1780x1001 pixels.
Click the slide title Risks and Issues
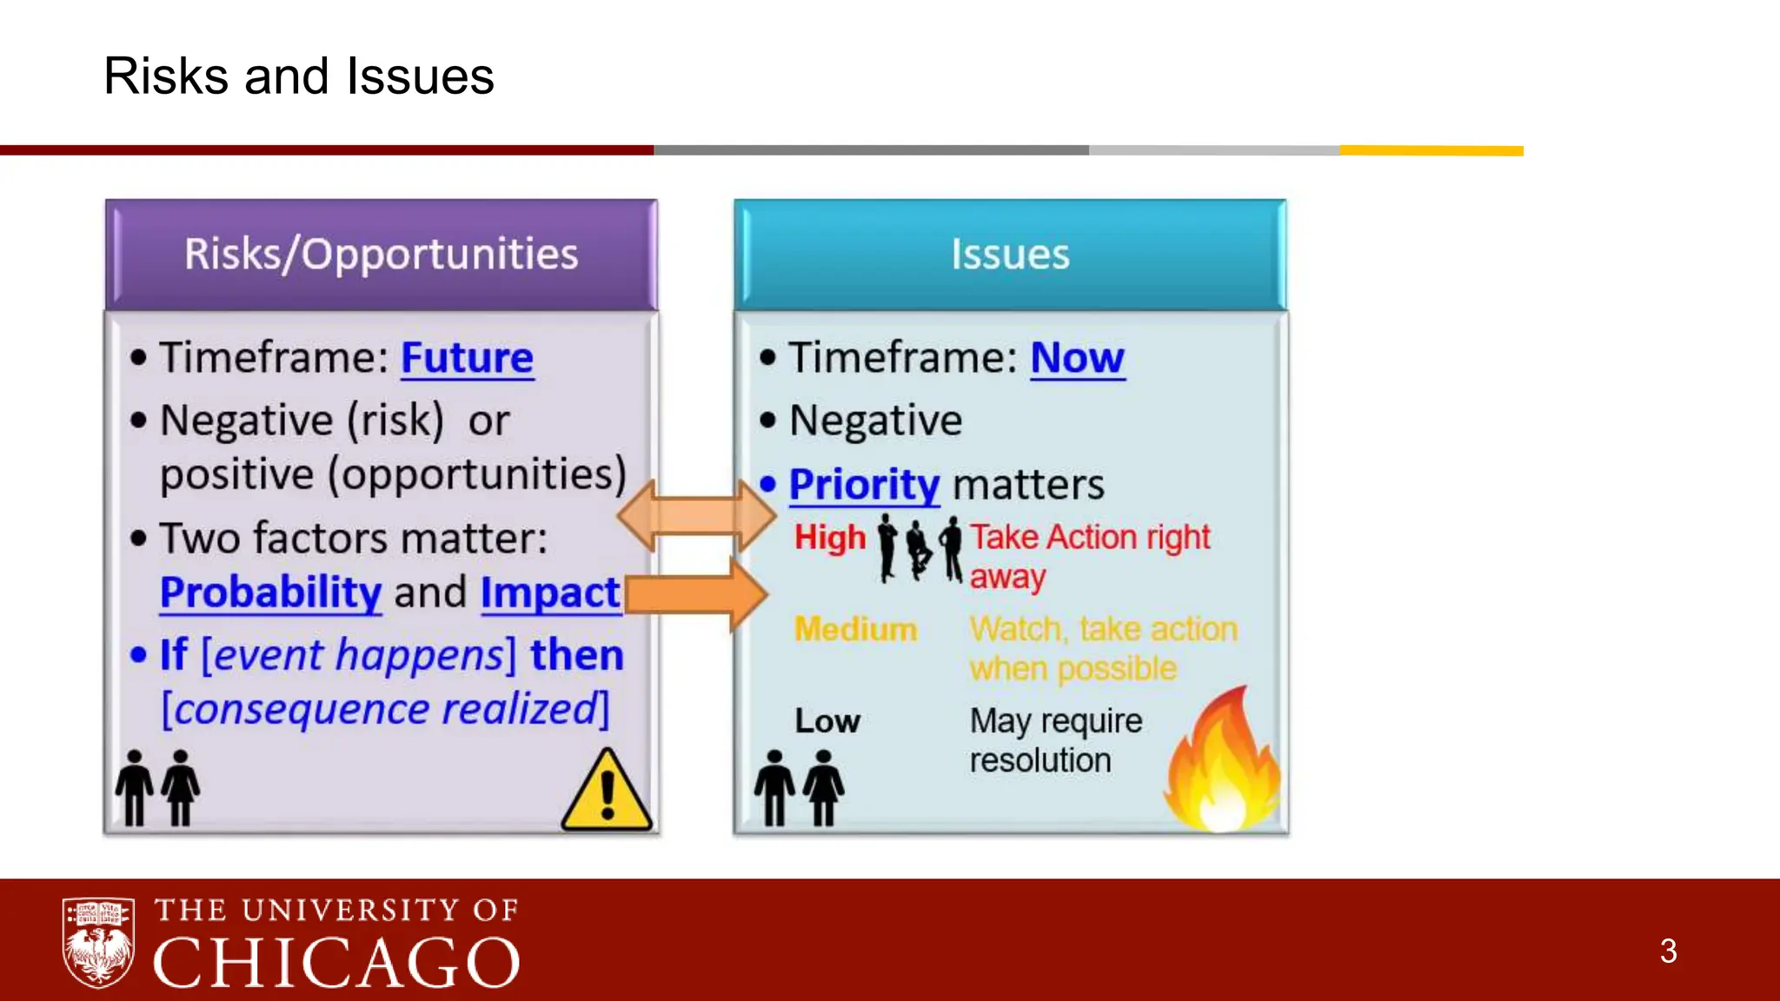click(x=298, y=76)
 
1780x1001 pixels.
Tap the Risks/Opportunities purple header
click(x=381, y=255)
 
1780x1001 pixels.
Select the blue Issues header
click(x=1010, y=255)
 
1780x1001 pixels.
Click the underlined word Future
click(x=467, y=358)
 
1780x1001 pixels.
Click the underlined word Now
click(x=1077, y=358)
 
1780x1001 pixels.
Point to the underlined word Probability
click(x=270, y=593)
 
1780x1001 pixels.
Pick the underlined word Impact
click(x=550, y=593)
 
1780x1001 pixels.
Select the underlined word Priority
click(x=864, y=485)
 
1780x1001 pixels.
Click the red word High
click(x=830, y=538)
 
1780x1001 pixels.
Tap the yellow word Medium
click(x=856, y=629)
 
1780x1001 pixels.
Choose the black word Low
click(x=827, y=721)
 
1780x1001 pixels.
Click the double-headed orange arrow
click(x=696, y=516)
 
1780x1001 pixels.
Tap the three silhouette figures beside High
click(x=920, y=548)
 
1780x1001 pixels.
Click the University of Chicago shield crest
click(x=98, y=943)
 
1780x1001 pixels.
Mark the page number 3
click(x=1668, y=951)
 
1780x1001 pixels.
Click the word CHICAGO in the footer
click(x=336, y=963)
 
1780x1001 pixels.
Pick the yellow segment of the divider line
click(x=1431, y=151)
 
